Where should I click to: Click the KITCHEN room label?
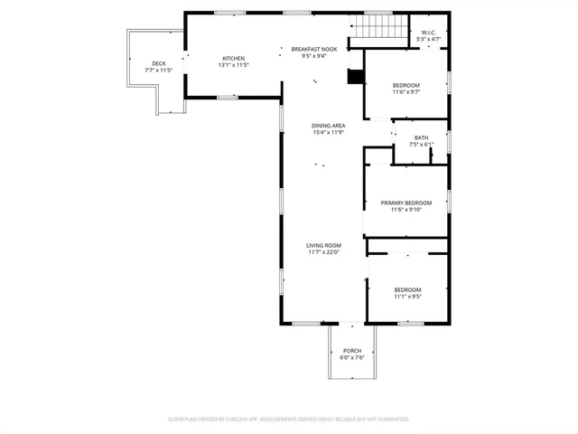(x=233, y=59)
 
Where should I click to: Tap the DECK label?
(x=159, y=63)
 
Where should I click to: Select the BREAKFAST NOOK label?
(x=313, y=48)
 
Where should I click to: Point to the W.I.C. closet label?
(x=429, y=33)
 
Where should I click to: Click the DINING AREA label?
(x=328, y=126)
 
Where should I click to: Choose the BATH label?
(x=422, y=137)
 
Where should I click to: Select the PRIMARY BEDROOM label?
(x=406, y=203)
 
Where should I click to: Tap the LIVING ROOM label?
(x=323, y=245)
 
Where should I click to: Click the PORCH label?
(x=351, y=351)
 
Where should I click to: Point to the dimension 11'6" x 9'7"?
(x=406, y=92)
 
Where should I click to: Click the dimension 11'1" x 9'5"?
(x=407, y=297)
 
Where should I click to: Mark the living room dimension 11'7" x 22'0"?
(x=323, y=252)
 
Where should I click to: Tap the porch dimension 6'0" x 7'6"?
(x=351, y=358)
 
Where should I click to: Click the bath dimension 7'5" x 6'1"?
(x=422, y=145)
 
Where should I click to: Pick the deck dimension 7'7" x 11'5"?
(x=159, y=71)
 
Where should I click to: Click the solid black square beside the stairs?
(x=356, y=77)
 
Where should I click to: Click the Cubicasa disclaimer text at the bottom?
(x=289, y=420)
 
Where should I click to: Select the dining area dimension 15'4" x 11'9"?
(x=328, y=133)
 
